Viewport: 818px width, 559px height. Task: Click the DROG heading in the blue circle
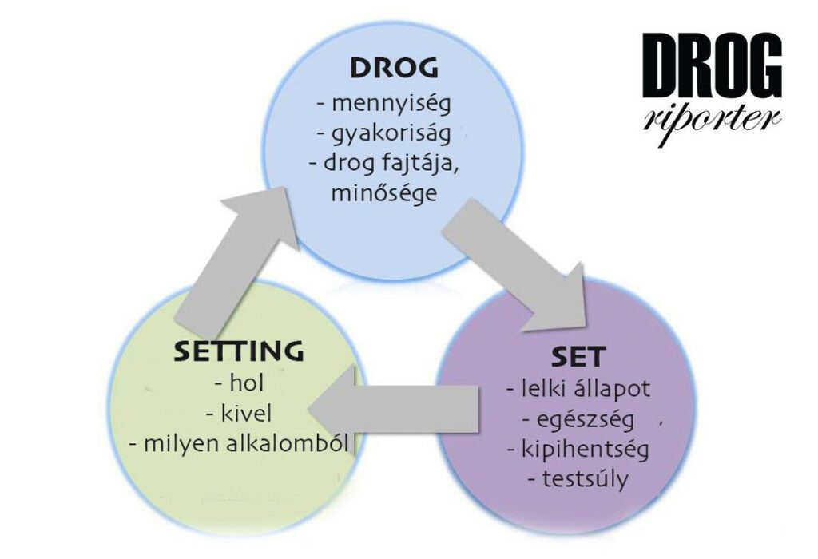pos(394,69)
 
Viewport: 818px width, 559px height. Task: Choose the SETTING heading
pos(240,350)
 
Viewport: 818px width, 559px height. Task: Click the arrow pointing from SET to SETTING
pos(391,410)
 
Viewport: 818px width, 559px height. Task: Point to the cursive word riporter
pos(711,117)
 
